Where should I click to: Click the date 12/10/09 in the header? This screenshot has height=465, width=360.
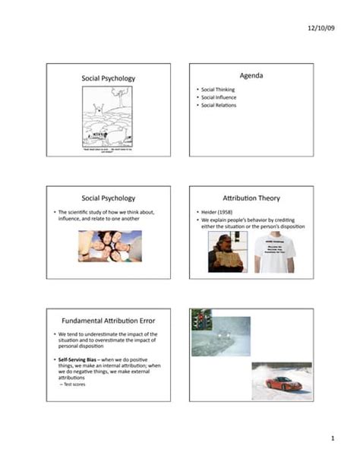click(321, 28)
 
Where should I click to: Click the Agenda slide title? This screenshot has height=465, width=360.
click(250, 77)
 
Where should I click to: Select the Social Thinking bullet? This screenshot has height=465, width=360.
click(218, 90)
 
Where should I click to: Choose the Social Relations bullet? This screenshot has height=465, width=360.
click(219, 105)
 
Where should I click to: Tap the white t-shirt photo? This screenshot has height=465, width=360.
click(276, 251)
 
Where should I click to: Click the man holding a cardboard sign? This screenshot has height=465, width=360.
click(226, 251)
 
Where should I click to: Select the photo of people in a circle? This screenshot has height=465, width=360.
click(109, 246)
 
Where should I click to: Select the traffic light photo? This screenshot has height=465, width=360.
click(201, 318)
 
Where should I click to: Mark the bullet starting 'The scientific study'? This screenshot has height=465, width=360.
click(106, 215)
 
